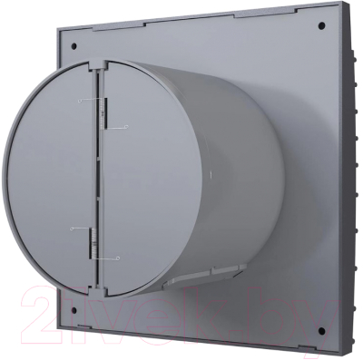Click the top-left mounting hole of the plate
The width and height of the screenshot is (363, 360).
click(x=74, y=46)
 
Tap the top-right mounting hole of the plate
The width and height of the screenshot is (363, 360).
click(x=322, y=25)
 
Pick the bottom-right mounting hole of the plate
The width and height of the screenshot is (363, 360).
click(x=322, y=330)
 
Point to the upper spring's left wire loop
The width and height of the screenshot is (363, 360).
click(x=79, y=101)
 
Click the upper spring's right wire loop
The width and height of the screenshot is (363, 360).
click(x=127, y=127)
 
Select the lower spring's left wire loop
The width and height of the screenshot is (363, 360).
click(x=72, y=229)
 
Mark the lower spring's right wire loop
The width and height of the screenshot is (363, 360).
click(x=117, y=258)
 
